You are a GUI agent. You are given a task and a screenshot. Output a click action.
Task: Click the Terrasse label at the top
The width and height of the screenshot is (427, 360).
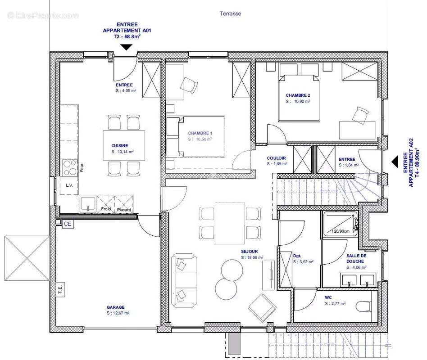click(x=230, y=13)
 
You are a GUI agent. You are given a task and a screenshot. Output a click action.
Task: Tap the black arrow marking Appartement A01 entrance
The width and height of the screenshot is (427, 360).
click(x=126, y=47)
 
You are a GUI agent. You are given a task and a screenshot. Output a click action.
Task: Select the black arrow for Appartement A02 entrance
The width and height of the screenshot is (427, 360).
click(x=394, y=162)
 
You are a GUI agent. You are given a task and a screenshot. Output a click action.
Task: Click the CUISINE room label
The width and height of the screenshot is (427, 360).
click(x=120, y=145)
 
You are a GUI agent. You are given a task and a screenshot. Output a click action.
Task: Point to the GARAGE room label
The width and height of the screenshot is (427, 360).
click(x=116, y=307)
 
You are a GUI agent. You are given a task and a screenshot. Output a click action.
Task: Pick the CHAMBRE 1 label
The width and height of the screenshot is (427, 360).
click(x=200, y=133)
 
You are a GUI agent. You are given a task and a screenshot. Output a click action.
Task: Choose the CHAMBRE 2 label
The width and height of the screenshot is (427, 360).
click(x=298, y=95)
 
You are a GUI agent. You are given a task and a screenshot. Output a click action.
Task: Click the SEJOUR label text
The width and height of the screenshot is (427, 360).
click(x=249, y=252)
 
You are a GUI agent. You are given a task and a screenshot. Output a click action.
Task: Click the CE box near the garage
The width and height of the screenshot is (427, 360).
click(x=68, y=223)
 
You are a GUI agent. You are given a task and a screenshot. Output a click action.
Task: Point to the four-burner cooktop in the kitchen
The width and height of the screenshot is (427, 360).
click(x=69, y=168)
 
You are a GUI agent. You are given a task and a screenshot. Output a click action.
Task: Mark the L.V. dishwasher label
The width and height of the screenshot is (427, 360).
click(x=69, y=185)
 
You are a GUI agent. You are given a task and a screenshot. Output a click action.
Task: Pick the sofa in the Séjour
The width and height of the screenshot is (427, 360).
click(x=183, y=280)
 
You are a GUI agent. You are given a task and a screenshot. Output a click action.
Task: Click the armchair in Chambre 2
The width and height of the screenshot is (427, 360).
click(x=360, y=115)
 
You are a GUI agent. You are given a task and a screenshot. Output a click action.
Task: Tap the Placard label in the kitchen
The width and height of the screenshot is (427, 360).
click(x=123, y=210)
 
